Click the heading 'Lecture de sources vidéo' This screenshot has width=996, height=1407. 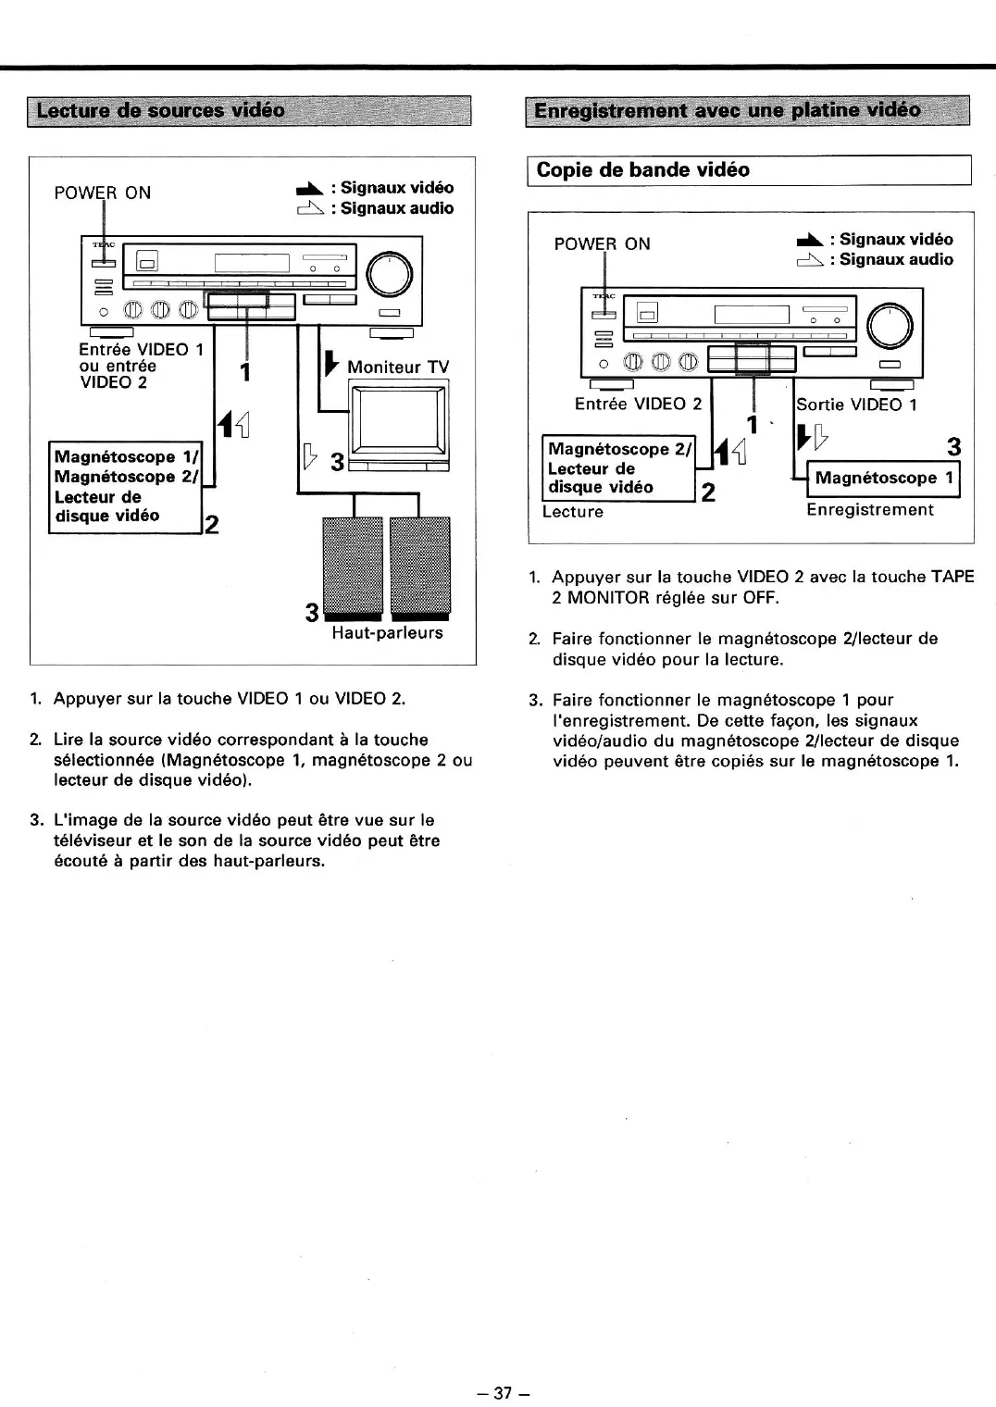pos(160,111)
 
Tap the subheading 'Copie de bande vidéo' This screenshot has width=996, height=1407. pos(643,170)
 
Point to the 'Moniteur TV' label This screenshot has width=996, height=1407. pos(397,367)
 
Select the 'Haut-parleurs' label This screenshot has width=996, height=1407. pos(387,633)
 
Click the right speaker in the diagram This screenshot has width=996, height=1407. pos(419,567)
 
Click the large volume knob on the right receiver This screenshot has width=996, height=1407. pos(890,324)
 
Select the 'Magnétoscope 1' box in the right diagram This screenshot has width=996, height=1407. pos(883,479)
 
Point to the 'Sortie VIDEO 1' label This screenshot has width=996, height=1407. pos(857,405)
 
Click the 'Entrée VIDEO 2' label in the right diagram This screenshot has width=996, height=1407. pos(638,405)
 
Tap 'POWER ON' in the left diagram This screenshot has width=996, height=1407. pos(102,193)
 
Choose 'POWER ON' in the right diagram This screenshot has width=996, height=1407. pos(602,244)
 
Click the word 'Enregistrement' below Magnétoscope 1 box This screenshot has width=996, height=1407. pos(870,510)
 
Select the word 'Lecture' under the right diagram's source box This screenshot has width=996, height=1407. pos(572,512)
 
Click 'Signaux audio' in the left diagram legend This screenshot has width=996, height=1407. pos(396,208)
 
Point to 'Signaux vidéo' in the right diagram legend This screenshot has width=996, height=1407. pos(895,240)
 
